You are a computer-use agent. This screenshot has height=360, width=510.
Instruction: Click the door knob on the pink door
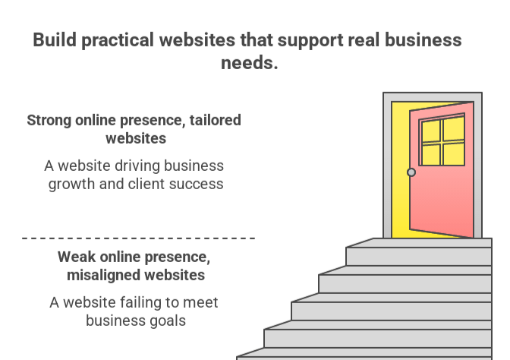[x=411, y=172]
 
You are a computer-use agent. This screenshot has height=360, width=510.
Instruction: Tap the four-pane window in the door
[x=442, y=141]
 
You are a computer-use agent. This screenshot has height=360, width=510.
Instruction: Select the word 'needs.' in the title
[x=250, y=62]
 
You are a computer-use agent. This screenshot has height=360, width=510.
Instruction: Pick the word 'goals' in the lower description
[x=164, y=320]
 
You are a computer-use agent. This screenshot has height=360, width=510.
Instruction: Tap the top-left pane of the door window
[x=431, y=131]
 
